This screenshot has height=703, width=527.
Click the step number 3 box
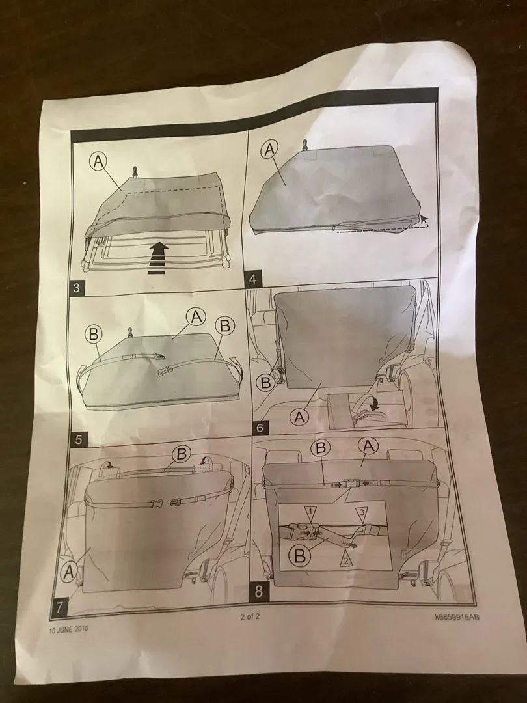[x=76, y=288]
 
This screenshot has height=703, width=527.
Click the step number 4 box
[x=252, y=279]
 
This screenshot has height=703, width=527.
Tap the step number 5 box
[x=79, y=440]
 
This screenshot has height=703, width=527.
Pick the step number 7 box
[x=60, y=607]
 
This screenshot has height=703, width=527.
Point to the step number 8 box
[x=258, y=592]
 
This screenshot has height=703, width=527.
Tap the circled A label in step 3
[x=99, y=161]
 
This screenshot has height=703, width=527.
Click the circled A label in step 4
[x=269, y=149]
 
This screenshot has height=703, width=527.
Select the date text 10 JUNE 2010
[x=68, y=629]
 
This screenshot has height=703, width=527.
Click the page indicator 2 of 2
[x=250, y=616]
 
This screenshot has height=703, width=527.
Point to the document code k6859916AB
[x=457, y=617]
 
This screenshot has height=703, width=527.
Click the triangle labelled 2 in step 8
[x=345, y=558]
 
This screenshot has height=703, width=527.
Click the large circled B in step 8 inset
[x=300, y=555]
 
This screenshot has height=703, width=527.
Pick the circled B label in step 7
[x=182, y=454]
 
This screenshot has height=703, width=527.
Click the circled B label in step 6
[x=265, y=383]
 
